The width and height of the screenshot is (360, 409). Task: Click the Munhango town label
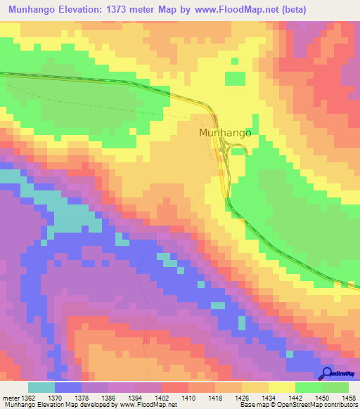click(225, 131)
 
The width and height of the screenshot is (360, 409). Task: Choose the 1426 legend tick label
click(229, 397)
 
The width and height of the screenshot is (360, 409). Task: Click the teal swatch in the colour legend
click(41, 387)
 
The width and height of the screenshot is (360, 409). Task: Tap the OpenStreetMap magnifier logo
click(328, 374)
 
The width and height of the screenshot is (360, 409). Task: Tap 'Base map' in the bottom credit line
click(252, 405)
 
